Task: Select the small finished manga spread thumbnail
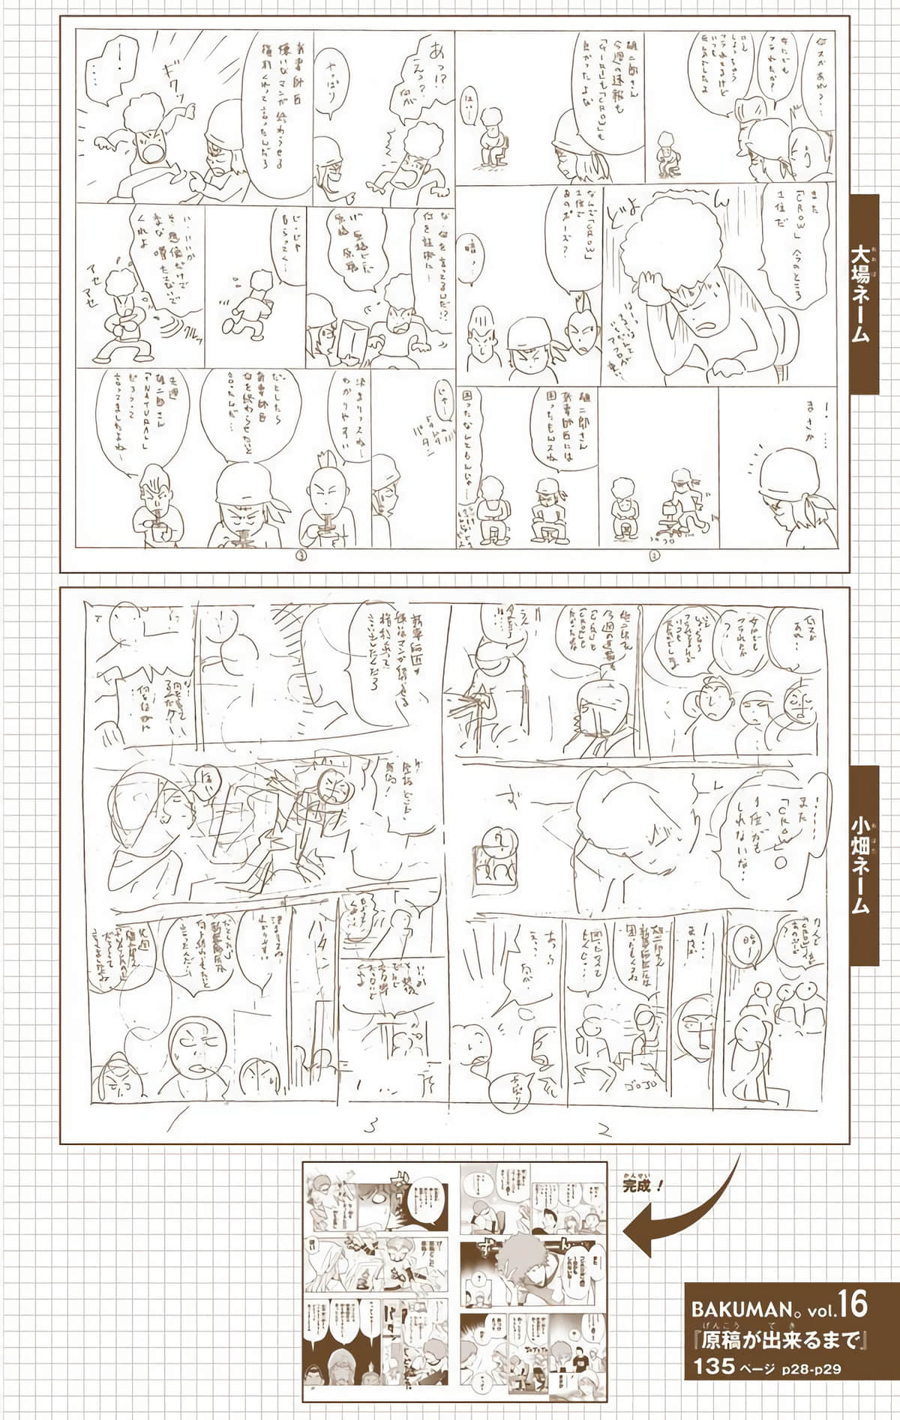pos(454,1282)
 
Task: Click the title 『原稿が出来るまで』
pos(780,1338)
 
